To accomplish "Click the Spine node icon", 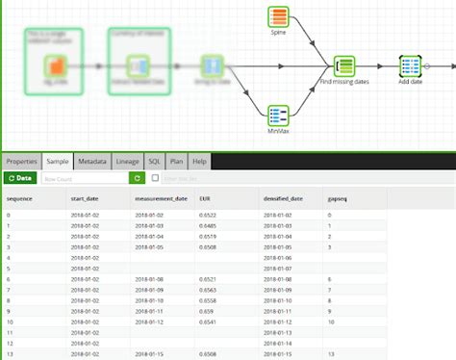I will point(279,16).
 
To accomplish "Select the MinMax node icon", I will point(279,116).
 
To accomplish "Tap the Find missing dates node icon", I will point(345,65).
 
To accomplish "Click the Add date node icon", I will point(410,65).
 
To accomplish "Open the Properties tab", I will point(22,162).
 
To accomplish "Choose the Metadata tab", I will point(92,162).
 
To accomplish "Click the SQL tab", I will point(154,162).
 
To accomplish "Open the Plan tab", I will point(175,162).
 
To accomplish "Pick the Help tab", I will point(198,162).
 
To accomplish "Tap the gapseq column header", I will point(338,199).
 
